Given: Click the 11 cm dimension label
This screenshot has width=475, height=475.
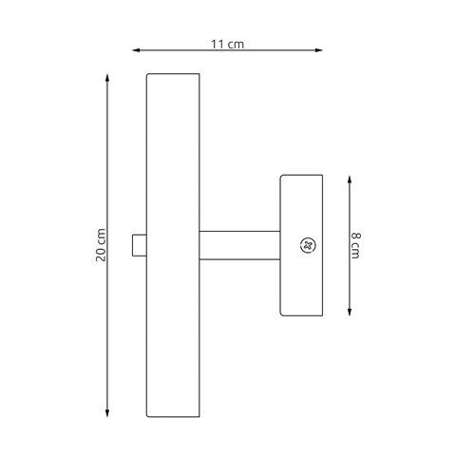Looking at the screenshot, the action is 227,45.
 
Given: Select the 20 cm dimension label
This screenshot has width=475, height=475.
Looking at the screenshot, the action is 101,245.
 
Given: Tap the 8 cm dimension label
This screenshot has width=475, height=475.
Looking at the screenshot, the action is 355,245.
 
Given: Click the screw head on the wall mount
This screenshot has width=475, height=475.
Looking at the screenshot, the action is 308,245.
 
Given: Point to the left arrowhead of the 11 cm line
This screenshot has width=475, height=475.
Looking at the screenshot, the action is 136,50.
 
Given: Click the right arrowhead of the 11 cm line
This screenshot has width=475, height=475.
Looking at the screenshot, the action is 318,50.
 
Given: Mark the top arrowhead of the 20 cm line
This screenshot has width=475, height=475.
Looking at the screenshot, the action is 107,78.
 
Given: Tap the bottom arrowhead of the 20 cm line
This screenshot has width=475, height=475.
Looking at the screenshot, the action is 107,412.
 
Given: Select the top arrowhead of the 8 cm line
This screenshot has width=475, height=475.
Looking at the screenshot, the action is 350,180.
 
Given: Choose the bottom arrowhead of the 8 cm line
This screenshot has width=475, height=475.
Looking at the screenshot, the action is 350,312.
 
